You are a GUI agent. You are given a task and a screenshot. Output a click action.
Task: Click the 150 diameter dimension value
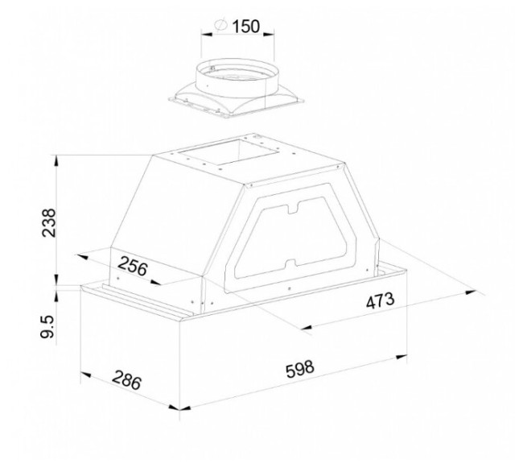245,27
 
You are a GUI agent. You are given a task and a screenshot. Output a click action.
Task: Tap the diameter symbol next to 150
220,25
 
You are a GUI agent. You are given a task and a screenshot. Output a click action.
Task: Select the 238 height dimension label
49,222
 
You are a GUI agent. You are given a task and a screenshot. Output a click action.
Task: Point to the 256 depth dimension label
133,265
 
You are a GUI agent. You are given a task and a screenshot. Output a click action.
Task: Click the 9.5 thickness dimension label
47,327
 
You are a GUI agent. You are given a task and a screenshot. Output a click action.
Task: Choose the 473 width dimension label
381,300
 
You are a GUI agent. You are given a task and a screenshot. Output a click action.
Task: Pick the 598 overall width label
300,369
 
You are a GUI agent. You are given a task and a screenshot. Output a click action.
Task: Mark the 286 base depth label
127,380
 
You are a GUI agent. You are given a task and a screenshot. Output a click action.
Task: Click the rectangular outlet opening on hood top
229,152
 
